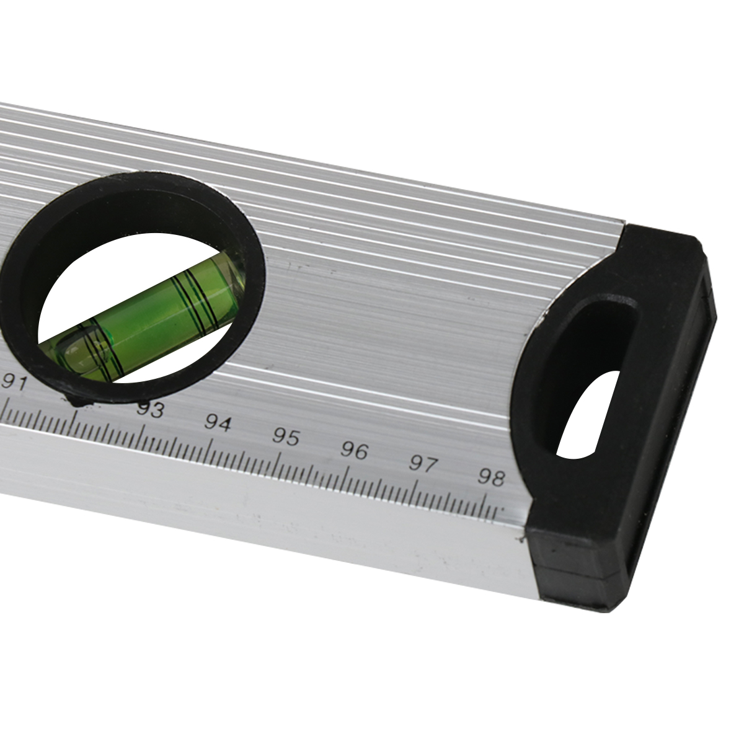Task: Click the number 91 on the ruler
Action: point(15,383)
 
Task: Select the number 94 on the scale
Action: point(218,423)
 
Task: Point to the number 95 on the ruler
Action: point(286,436)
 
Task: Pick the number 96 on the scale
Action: point(354,450)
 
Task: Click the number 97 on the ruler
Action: point(422,464)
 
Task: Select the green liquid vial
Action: point(143,315)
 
